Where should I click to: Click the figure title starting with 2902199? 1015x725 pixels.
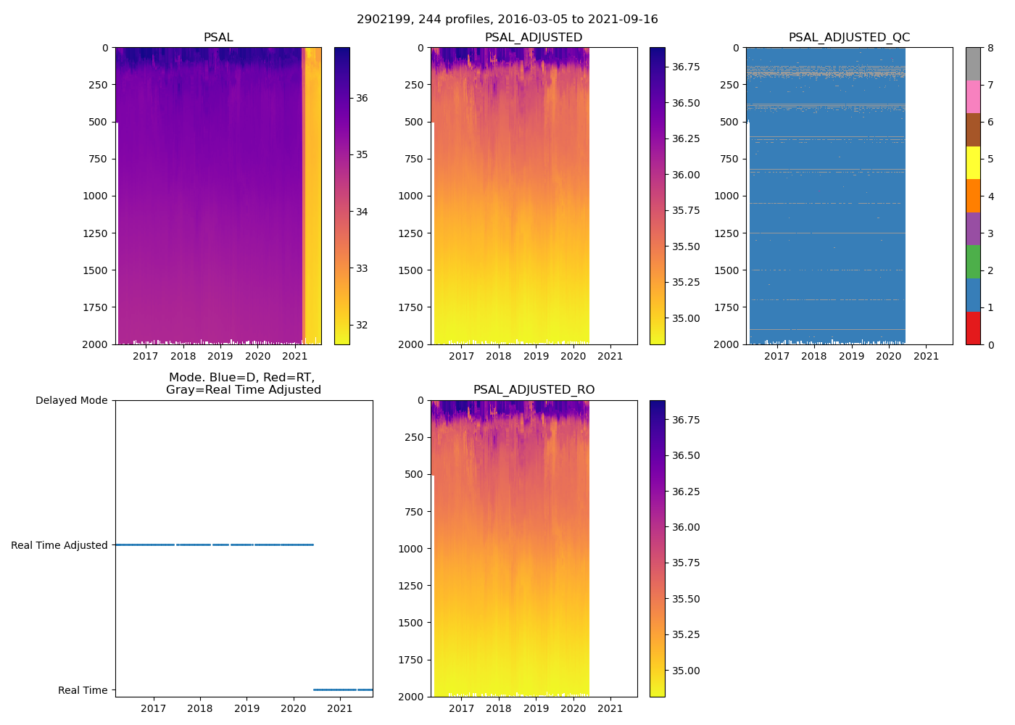pos(507,20)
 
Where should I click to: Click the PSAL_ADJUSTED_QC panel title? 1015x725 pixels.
pos(849,38)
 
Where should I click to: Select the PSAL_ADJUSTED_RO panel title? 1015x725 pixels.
pos(534,390)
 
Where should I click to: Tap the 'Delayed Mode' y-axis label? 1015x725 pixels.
pos(71,400)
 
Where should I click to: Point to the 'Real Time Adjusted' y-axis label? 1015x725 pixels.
pos(59,545)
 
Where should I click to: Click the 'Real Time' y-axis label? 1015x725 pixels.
pos(83,690)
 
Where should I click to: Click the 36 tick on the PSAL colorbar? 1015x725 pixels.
pos(362,98)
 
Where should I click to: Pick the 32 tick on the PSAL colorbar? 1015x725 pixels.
pos(362,325)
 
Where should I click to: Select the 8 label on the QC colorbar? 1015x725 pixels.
pos(990,48)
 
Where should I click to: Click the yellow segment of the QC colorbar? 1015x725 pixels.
pos(973,162)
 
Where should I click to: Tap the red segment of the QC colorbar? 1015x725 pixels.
pos(973,328)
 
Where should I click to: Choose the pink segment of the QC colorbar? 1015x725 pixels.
pos(973,96)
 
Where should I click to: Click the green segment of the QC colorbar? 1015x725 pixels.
pos(973,262)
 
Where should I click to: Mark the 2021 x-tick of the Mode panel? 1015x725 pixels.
pos(340,708)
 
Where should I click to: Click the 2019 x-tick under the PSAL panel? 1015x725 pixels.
pos(220,355)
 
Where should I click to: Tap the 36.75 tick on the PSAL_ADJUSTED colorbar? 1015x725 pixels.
pos(685,67)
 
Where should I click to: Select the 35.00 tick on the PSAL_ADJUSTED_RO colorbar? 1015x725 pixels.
pos(685,671)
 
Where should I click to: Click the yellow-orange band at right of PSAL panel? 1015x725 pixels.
pos(312,196)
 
